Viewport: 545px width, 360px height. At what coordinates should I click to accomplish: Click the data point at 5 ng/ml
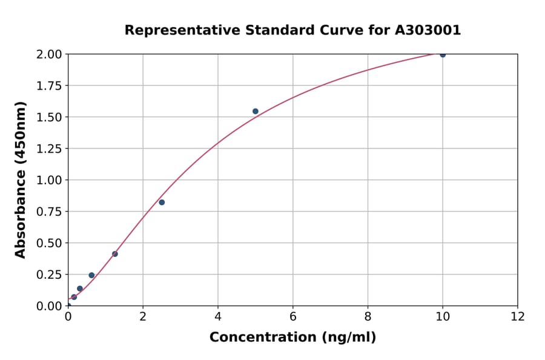click(256, 112)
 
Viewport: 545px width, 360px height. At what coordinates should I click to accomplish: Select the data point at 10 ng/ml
click(443, 55)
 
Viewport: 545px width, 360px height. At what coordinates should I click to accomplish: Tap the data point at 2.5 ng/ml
click(162, 202)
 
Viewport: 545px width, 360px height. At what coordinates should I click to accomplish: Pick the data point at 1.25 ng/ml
click(115, 254)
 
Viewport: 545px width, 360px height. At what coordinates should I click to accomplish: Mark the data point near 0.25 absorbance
click(91, 275)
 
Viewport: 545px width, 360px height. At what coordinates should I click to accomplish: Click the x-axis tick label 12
click(518, 316)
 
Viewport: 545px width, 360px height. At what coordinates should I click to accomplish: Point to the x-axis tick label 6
click(293, 316)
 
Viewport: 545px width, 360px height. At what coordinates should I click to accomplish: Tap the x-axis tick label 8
click(368, 316)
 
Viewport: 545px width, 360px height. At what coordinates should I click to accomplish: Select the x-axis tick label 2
click(143, 316)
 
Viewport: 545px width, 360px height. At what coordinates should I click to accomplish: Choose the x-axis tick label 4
click(218, 316)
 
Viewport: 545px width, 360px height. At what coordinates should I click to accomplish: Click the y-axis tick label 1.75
click(49, 86)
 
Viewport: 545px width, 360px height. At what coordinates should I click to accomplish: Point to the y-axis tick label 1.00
click(49, 180)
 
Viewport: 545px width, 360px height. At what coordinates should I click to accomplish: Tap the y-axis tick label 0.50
click(49, 243)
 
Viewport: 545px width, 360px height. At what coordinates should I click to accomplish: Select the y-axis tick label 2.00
click(49, 55)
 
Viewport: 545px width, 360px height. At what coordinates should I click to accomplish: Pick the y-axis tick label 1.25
click(49, 148)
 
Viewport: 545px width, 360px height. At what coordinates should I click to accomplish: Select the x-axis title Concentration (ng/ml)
click(292, 338)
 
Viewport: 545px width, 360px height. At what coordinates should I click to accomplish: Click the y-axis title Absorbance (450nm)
click(21, 180)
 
